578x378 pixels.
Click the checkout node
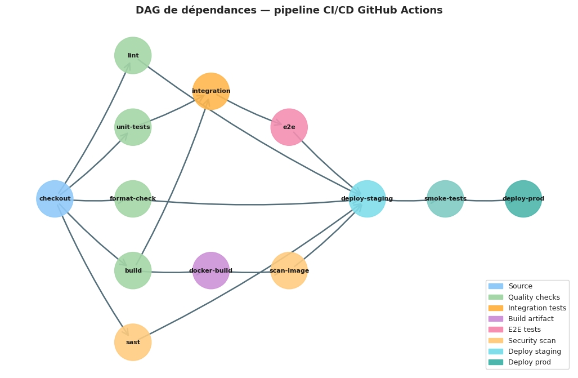(x=55, y=199)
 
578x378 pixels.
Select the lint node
(x=133, y=56)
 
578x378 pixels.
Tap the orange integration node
(x=211, y=91)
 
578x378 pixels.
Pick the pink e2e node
(x=289, y=127)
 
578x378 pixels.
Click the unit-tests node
(x=133, y=127)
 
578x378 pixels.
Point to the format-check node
(x=133, y=199)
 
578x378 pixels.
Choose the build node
(x=133, y=270)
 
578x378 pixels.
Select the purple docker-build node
(x=211, y=270)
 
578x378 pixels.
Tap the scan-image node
(x=289, y=270)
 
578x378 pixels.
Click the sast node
(x=133, y=342)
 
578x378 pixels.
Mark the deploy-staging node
(x=367, y=199)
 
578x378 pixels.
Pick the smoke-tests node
(x=445, y=199)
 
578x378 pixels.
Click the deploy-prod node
(x=523, y=199)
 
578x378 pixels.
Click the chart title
(x=289, y=10)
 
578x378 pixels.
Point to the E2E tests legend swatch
(x=495, y=330)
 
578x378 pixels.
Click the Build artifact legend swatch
(x=495, y=319)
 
